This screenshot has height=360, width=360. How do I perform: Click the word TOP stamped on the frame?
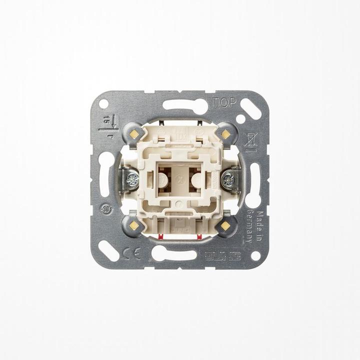[223, 103]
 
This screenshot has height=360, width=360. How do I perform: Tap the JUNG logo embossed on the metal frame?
[222, 255]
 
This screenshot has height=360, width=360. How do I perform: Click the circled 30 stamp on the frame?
[106, 209]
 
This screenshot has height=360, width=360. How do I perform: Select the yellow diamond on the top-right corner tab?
[225, 134]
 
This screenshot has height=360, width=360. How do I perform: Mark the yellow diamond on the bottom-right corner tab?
[225, 225]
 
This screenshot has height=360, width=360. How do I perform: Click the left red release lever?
[161, 235]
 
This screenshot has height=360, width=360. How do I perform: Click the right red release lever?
[198, 235]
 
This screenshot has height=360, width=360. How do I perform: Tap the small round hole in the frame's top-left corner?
[104, 103]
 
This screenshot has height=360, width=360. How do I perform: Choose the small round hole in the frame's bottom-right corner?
[255, 255]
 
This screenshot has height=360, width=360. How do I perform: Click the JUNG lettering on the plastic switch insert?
[180, 229]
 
